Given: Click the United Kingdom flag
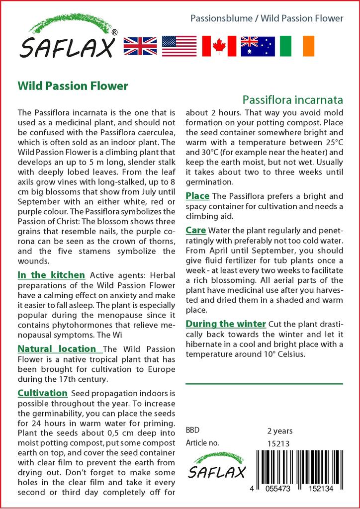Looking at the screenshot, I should click(140, 46).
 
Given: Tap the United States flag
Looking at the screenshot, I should click(180, 46).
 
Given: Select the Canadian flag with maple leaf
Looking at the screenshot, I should click(219, 46).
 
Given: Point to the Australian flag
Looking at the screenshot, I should click(258, 46).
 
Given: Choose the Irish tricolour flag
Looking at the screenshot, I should click(297, 46).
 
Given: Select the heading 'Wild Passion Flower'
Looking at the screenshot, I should click(73, 85).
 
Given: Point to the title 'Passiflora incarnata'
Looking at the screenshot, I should click(293, 99).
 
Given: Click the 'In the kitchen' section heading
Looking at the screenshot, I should click(51, 275).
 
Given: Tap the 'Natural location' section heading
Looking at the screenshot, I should click(57, 349).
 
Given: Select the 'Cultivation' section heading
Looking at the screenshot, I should click(43, 393).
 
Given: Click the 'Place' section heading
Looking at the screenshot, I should click(197, 196).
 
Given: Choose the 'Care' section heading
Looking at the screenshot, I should click(196, 231).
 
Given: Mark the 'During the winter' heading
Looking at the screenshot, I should click(226, 324).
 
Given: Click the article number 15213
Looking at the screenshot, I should click(278, 443).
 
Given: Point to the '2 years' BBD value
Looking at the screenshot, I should click(280, 431).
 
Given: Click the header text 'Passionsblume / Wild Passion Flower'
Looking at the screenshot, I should click(267, 18).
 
